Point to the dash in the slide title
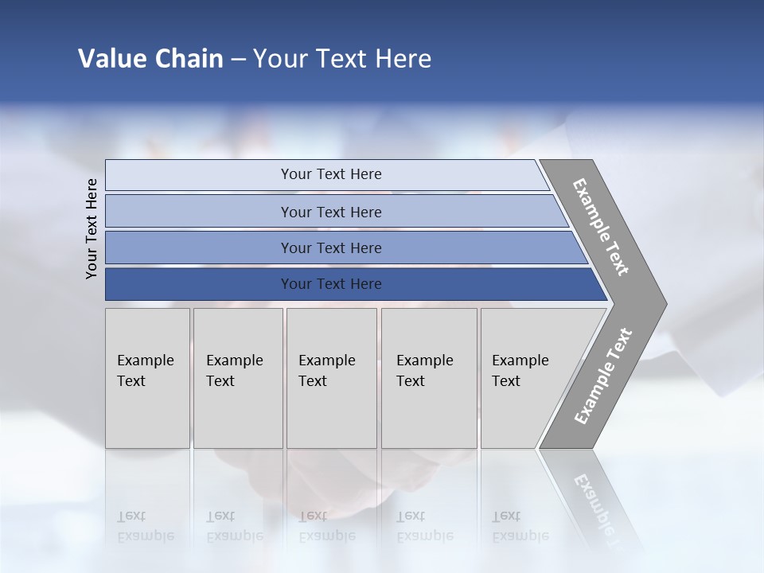point(238,60)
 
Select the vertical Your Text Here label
point(92,228)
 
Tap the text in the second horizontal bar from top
point(331,212)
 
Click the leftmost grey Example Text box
point(147,378)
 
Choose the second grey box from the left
point(238,378)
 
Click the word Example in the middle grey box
point(326,361)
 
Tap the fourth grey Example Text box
point(429,378)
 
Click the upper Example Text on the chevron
point(601,227)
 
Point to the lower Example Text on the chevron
point(603,376)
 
